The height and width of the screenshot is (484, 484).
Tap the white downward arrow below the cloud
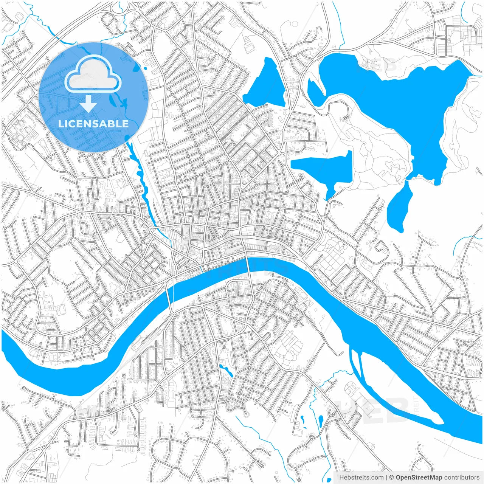pyautogui.click(x=88, y=104)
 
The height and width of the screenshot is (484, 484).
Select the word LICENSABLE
pyautogui.click(x=93, y=124)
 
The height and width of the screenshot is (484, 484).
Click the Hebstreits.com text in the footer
pyautogui.click(x=361, y=478)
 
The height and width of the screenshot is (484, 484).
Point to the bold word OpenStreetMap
pyautogui.click(x=419, y=478)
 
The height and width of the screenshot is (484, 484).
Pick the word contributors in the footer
pyautogui.click(x=462, y=478)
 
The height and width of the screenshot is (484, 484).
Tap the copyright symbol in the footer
pyautogui.click(x=391, y=478)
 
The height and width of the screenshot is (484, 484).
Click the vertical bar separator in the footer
pyautogui.click(x=386, y=478)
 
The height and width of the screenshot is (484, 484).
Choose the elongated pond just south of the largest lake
pyautogui.click(x=399, y=208)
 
